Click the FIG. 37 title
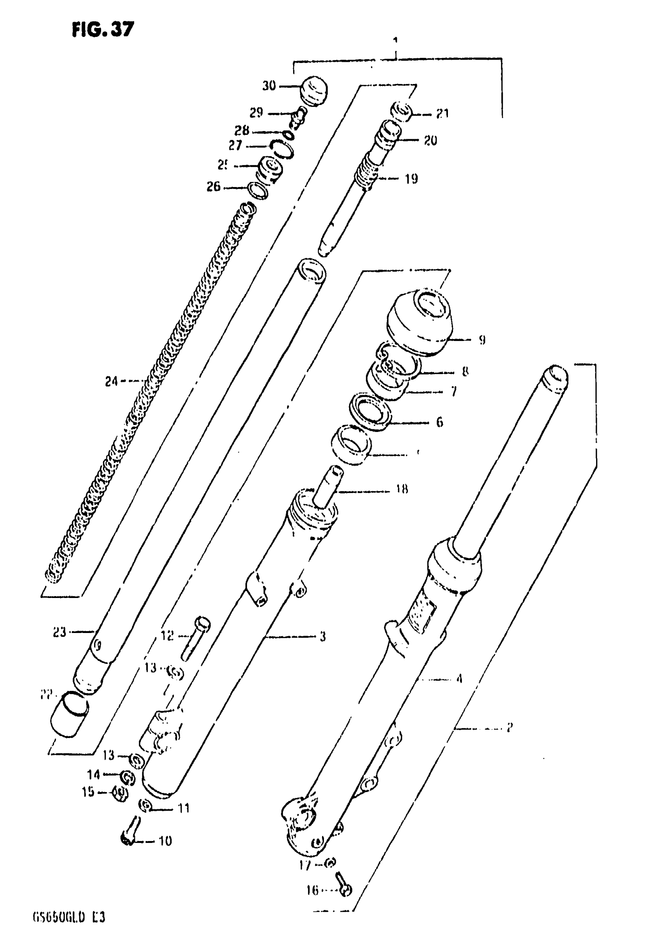103,30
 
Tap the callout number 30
269,86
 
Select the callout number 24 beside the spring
111,382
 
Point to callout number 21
442,114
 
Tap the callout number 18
402,490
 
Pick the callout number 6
439,422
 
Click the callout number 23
60,632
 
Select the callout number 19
411,179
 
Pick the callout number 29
256,112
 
